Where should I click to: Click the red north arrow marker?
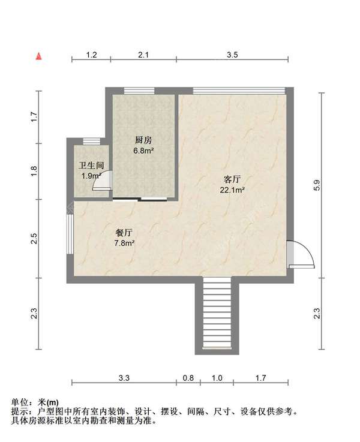pos(38,56)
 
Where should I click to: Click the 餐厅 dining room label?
pos(124,232)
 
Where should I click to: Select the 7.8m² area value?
pos(124,243)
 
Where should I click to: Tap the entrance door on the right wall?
pos(298,254)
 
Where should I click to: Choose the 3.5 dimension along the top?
pos(233,55)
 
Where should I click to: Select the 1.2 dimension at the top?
pos(91,55)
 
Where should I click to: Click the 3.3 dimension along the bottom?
pos(124,378)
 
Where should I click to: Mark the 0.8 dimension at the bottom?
pos(188,378)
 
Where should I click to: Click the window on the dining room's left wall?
pos(70,237)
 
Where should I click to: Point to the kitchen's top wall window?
pos(139,91)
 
